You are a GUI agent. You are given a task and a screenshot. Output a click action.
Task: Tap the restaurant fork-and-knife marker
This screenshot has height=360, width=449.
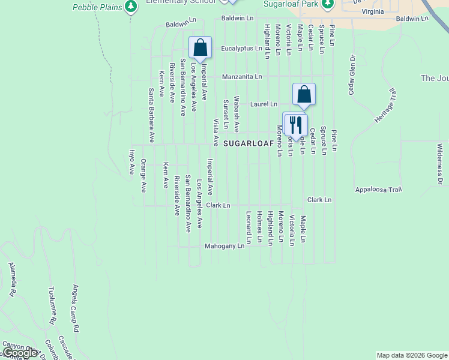point(295,125)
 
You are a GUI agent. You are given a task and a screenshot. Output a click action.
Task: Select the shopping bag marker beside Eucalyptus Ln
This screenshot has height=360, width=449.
point(200,47)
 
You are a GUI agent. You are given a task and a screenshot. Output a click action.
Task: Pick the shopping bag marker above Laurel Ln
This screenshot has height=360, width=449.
point(304,94)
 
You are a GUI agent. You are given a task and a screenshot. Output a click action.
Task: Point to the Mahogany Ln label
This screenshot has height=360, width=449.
point(224,246)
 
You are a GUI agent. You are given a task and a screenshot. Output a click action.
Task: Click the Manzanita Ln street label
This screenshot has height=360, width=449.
point(242,77)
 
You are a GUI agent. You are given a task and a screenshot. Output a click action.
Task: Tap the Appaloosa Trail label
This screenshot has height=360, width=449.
point(378,190)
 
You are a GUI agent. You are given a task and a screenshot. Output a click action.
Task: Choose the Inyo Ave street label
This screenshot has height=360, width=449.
point(133,162)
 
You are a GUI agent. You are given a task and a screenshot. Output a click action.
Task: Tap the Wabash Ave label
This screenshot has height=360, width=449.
point(237,113)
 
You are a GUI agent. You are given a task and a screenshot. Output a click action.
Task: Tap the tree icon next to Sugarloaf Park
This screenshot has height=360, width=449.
point(327,5)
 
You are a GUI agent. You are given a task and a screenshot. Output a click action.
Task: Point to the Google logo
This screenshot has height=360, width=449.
point(19,353)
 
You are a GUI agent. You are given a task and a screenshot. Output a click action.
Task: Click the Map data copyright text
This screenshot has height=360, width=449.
point(411,355)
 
